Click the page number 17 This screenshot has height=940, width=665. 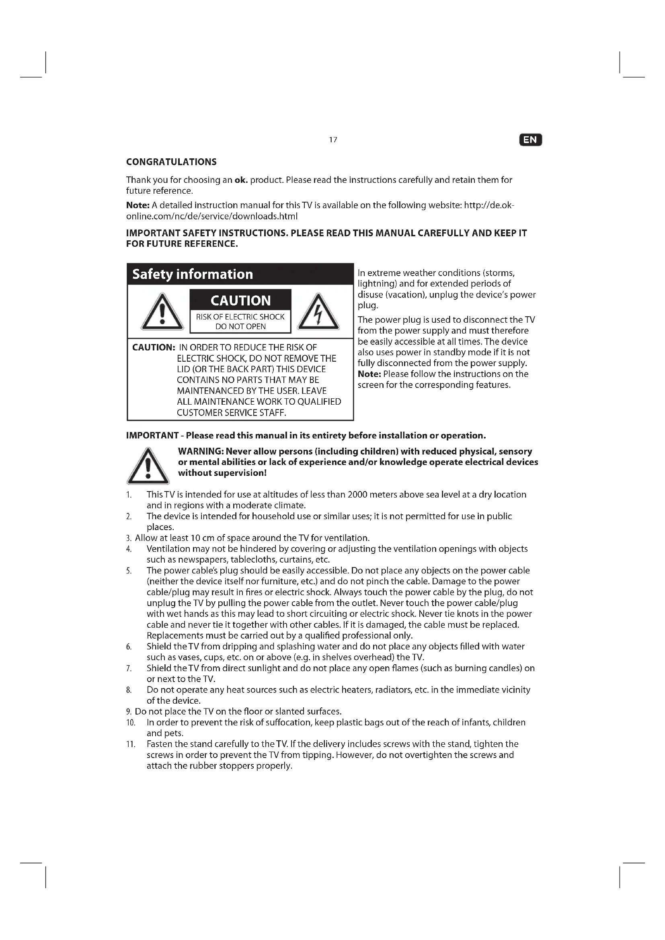(333, 140)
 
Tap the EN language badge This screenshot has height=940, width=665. (530, 140)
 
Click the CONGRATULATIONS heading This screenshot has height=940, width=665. (171, 162)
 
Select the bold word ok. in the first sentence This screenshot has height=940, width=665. (241, 180)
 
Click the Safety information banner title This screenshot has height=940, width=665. (193, 274)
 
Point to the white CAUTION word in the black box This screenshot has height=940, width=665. (240, 301)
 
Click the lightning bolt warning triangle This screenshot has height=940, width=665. (318, 313)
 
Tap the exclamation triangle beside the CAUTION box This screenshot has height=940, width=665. (162, 313)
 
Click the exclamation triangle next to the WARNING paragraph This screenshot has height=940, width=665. (148, 467)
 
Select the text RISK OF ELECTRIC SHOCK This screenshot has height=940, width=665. (240, 317)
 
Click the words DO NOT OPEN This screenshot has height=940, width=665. (240, 327)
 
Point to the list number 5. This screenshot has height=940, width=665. (129, 571)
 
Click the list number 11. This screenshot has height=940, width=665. (131, 744)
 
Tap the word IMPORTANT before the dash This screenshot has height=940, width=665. (152, 435)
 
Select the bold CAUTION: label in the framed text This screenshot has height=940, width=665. (154, 348)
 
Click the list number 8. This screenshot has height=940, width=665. (129, 690)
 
